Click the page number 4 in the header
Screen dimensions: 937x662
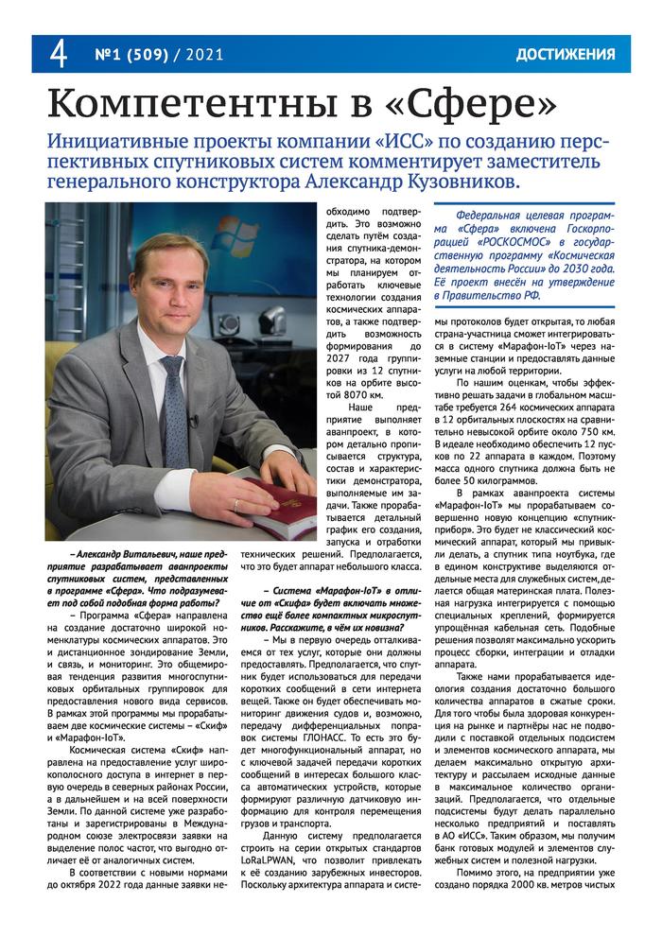point(58,55)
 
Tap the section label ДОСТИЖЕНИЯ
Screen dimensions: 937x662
point(566,55)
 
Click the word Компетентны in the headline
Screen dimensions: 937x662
point(183,101)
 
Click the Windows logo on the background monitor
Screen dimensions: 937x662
point(228,232)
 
